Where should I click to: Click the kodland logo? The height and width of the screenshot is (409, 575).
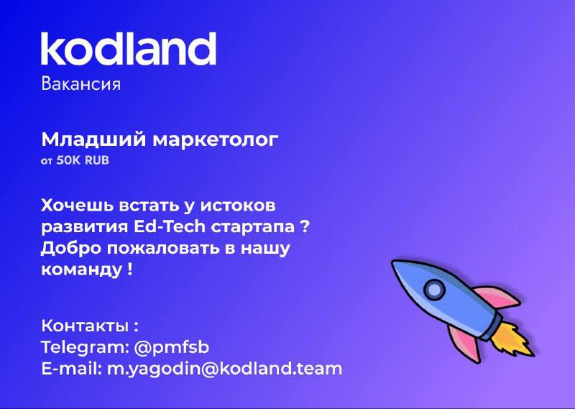[129, 48]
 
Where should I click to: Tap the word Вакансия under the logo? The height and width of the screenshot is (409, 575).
[80, 84]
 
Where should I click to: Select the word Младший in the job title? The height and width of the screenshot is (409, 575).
[93, 139]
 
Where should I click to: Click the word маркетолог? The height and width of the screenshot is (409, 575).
[215, 140]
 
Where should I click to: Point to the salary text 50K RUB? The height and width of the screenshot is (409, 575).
[83, 161]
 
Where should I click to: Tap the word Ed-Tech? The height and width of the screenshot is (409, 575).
[170, 226]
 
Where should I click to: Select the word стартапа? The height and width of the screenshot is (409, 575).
[253, 227]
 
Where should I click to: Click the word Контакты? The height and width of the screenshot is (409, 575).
[85, 326]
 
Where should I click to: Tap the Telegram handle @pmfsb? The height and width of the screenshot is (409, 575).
[172, 347]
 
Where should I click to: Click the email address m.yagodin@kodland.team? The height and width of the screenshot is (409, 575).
[224, 369]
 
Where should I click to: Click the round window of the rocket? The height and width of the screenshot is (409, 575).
[434, 290]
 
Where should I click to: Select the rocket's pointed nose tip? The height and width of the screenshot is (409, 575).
[393, 262]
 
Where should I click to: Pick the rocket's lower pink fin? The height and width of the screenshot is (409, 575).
[463, 343]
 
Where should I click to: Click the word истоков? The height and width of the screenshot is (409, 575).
[237, 206]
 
